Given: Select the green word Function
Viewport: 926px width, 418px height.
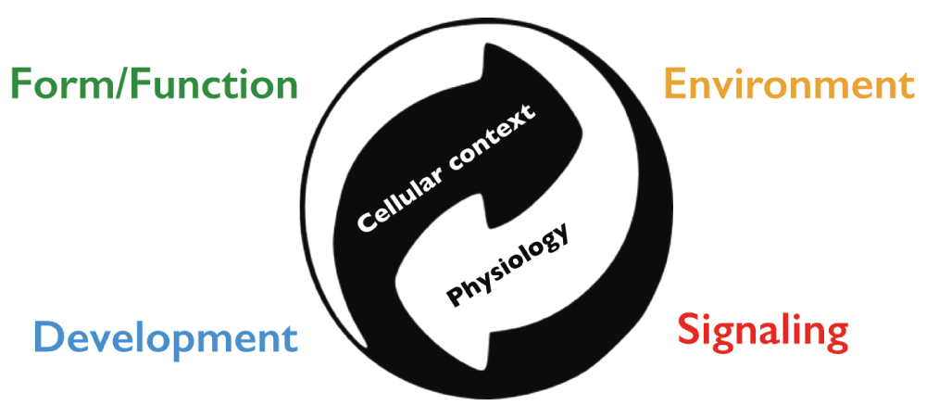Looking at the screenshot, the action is tap(215, 83).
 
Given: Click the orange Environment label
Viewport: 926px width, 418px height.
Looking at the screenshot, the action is tap(789, 83).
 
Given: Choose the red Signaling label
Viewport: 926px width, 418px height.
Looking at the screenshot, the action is tap(762, 334).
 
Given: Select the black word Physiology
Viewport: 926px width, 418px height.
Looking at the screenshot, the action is tap(507, 265).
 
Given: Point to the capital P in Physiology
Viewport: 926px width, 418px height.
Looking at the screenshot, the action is tap(456, 295).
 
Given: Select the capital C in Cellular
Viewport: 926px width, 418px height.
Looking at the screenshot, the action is tap(367, 222).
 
